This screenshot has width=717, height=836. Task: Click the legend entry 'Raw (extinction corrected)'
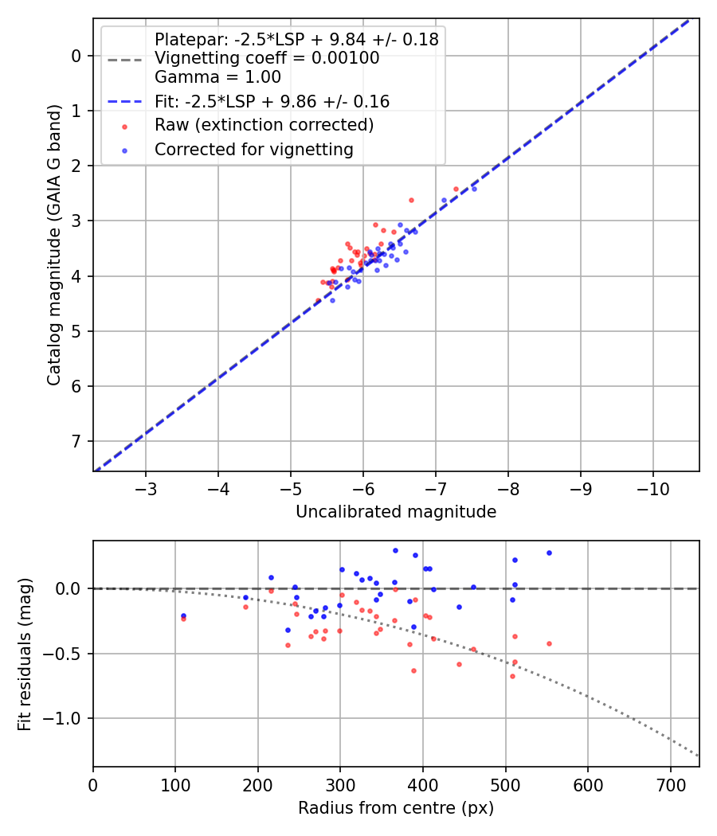pyautogui.click(x=264, y=125)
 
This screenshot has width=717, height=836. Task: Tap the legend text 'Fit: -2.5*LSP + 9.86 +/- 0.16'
pyautogui.click(x=272, y=102)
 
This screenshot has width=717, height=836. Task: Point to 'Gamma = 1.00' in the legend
pyautogui.click(x=217, y=77)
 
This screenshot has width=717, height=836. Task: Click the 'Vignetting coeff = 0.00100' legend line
pyautogui.click(x=267, y=58)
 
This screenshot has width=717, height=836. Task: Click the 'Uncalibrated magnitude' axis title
pyautogui.click(x=396, y=512)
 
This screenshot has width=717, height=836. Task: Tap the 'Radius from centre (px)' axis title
pyautogui.click(x=396, y=808)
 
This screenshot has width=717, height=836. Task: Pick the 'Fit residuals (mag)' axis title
pyautogui.click(x=25, y=654)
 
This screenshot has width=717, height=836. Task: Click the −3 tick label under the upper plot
pyautogui.click(x=146, y=487)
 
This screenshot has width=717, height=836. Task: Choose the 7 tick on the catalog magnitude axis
pyautogui.click(x=76, y=441)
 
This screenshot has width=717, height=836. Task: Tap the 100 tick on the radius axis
pyautogui.click(x=175, y=783)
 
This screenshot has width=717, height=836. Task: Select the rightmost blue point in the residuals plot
pyautogui.click(x=549, y=553)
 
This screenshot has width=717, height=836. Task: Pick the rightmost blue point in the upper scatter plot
pyautogui.click(x=474, y=189)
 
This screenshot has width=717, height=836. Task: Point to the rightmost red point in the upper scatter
pyautogui.click(x=456, y=189)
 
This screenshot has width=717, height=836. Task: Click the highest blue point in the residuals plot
pyautogui.click(x=395, y=550)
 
